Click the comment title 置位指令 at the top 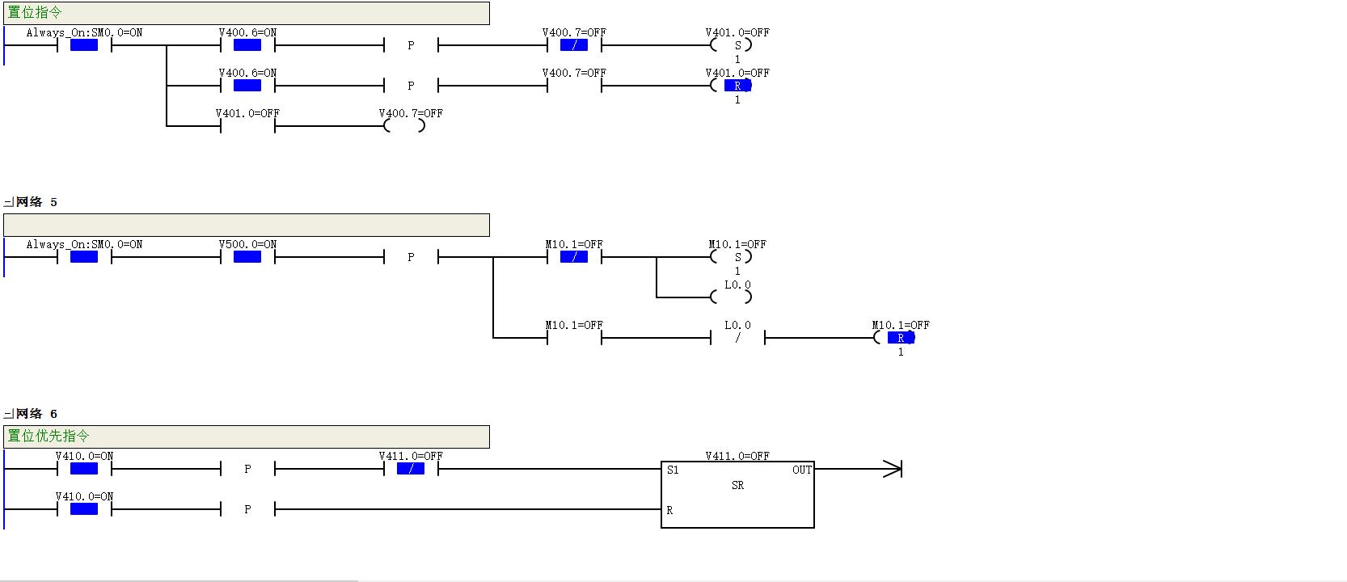click(34, 12)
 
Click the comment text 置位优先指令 click(49, 436)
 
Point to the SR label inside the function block click(738, 485)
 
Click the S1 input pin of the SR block click(673, 470)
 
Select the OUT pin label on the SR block click(801, 470)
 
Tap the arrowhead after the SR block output click(893, 469)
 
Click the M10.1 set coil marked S click(731, 257)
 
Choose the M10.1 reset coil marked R click(895, 338)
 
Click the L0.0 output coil click(731, 297)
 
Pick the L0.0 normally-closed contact click(738, 338)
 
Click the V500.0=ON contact click(247, 257)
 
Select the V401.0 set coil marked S click(731, 45)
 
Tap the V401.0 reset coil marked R click(731, 86)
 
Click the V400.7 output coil click(405, 125)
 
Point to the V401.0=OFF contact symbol click(247, 125)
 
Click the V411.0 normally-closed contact click(411, 469)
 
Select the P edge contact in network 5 click(411, 257)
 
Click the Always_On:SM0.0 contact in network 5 click(84, 257)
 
